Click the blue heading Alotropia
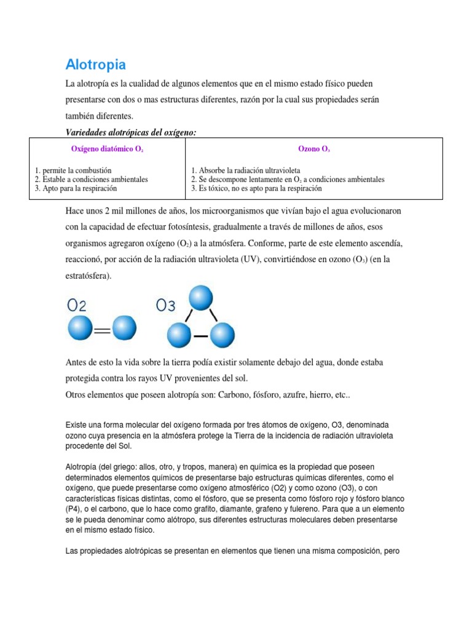(x=95, y=65)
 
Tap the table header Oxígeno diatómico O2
(x=108, y=149)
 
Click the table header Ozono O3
(x=315, y=149)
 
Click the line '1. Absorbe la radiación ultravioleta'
(x=246, y=170)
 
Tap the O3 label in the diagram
(x=165, y=305)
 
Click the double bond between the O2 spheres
(x=101, y=332)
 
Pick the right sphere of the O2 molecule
(x=124, y=328)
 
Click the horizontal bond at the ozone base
(x=200, y=337)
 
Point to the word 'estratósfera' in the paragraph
(x=87, y=276)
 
